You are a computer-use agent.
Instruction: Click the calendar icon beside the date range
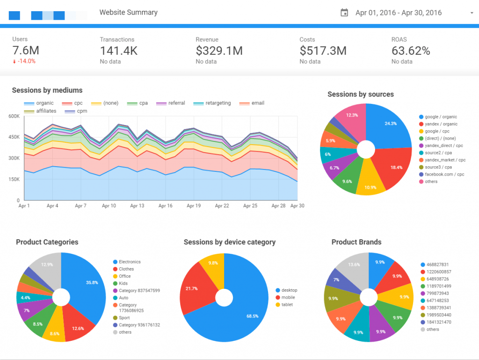click(344, 13)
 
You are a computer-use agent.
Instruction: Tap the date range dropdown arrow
click(472, 13)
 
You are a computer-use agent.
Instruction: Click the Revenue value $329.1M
click(219, 51)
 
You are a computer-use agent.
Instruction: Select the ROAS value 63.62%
click(410, 51)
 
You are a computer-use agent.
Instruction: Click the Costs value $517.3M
click(323, 51)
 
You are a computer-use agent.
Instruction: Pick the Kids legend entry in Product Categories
click(123, 283)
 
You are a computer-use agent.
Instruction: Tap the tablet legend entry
click(287, 304)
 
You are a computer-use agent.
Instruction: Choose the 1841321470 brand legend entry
click(439, 322)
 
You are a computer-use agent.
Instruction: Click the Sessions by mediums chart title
click(47, 90)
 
